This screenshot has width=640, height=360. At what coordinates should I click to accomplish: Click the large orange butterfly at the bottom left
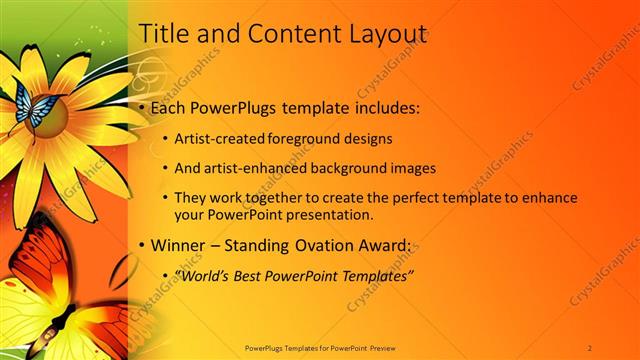[60, 300]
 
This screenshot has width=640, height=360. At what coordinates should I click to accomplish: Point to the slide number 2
[591, 347]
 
